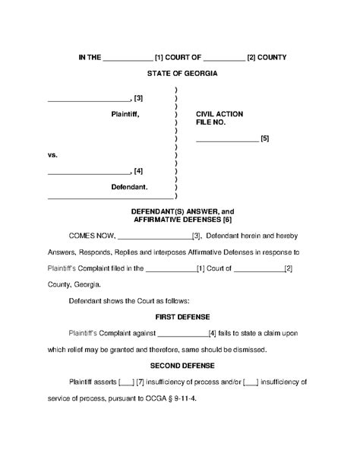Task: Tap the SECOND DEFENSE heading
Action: [182, 365]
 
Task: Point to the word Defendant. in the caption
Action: [130, 186]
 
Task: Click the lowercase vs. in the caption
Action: [52, 154]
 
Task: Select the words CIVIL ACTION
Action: [219, 113]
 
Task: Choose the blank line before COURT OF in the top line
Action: [126, 58]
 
